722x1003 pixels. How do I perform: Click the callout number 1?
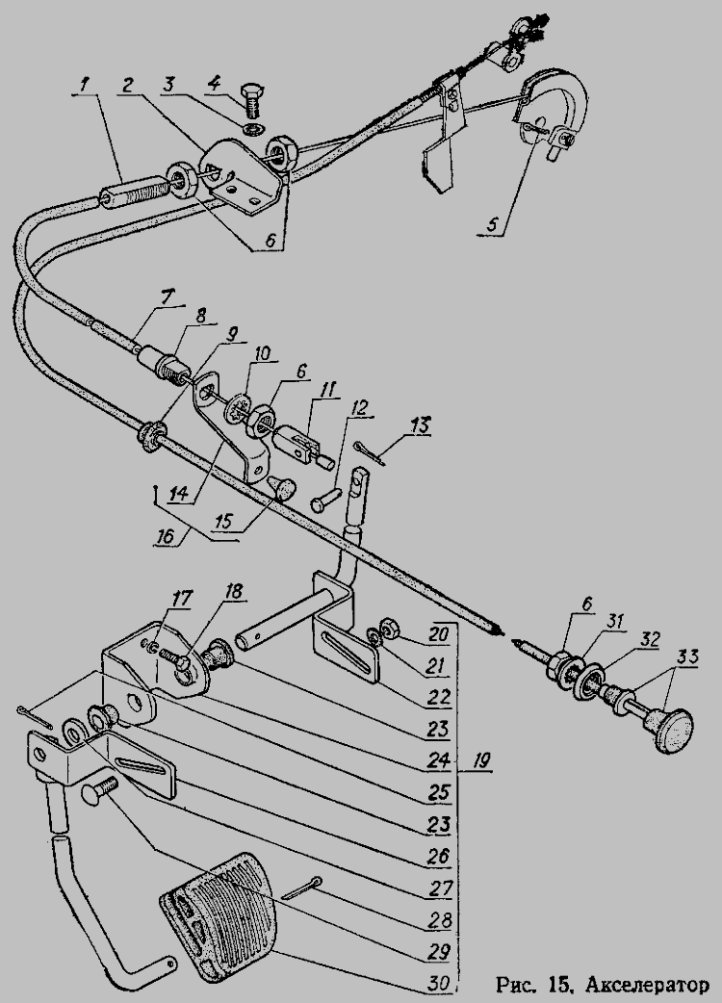tap(85, 86)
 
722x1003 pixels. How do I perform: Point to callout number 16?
tap(165, 535)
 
